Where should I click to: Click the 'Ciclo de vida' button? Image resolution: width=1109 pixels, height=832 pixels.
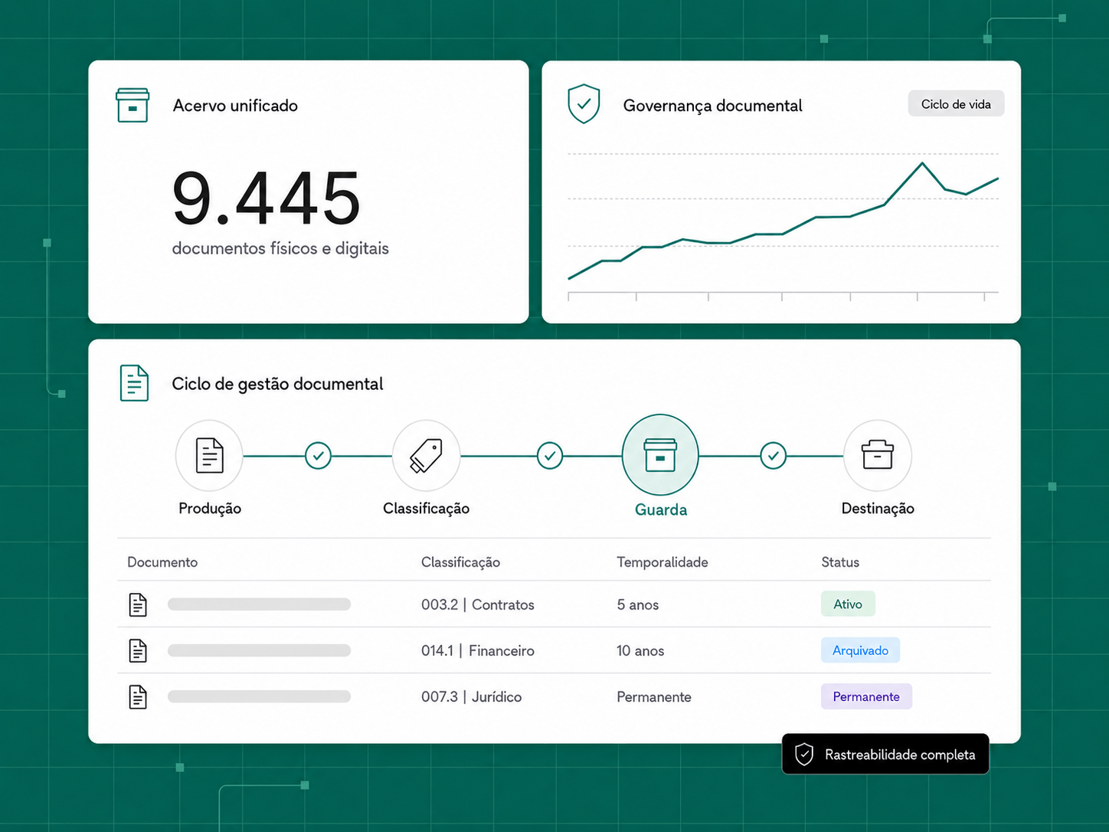(x=956, y=104)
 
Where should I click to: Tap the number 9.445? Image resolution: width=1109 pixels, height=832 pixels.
(x=267, y=198)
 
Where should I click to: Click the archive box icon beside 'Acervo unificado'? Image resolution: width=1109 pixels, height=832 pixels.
(x=132, y=105)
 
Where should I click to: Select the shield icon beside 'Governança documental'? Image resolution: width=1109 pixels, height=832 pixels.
(x=584, y=104)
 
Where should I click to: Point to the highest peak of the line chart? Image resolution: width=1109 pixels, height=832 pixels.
(x=922, y=162)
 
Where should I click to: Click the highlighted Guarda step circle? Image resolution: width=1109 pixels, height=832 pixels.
(x=660, y=454)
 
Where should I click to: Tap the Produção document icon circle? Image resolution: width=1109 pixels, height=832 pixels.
(x=209, y=456)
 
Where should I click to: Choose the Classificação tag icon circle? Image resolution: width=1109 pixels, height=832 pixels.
(x=426, y=456)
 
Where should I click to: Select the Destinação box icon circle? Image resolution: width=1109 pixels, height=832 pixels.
(x=878, y=456)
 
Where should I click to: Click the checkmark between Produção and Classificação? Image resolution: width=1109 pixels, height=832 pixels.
(x=319, y=456)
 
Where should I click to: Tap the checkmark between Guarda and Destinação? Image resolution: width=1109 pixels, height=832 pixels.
(x=773, y=456)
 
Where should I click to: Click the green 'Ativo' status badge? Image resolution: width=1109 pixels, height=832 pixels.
(x=848, y=604)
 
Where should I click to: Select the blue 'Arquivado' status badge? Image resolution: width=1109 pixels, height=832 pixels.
(x=860, y=650)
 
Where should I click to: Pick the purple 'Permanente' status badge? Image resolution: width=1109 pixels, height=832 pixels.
(x=866, y=696)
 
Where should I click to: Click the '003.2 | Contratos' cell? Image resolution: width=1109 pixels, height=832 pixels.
(x=477, y=604)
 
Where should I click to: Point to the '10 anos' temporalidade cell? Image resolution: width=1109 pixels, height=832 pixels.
(x=640, y=650)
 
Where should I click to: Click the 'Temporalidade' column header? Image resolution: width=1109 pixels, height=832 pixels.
(x=662, y=562)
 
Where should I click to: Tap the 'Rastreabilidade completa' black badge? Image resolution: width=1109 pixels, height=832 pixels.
(x=885, y=754)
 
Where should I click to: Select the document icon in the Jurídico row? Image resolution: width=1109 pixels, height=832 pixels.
(x=137, y=697)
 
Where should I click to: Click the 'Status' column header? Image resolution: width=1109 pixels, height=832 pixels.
(x=840, y=562)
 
